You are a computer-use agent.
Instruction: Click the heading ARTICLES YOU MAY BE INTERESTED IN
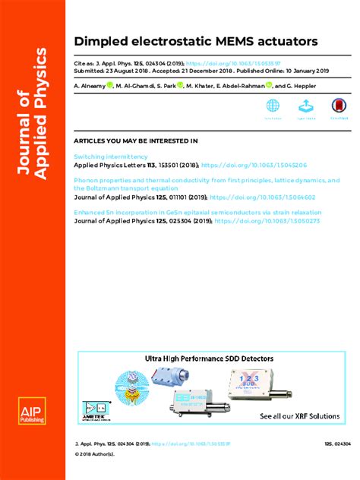135,141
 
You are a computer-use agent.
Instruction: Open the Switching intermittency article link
111,156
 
